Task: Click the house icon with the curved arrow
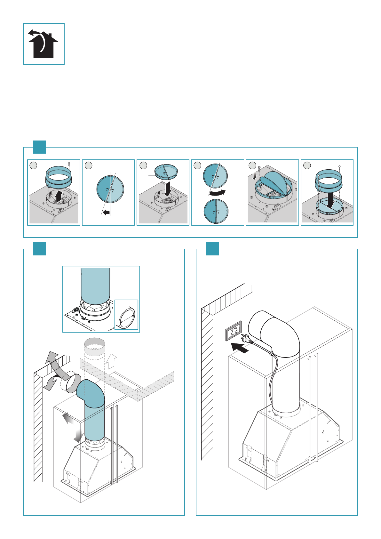tap(44, 44)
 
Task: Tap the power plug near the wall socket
tap(246, 338)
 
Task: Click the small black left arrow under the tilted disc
tap(106, 212)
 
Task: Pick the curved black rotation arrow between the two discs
tap(218, 193)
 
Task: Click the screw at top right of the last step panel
tap(339, 167)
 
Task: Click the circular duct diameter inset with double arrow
tap(127, 315)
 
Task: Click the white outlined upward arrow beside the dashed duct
tap(112, 361)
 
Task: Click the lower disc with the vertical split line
tap(216, 211)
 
